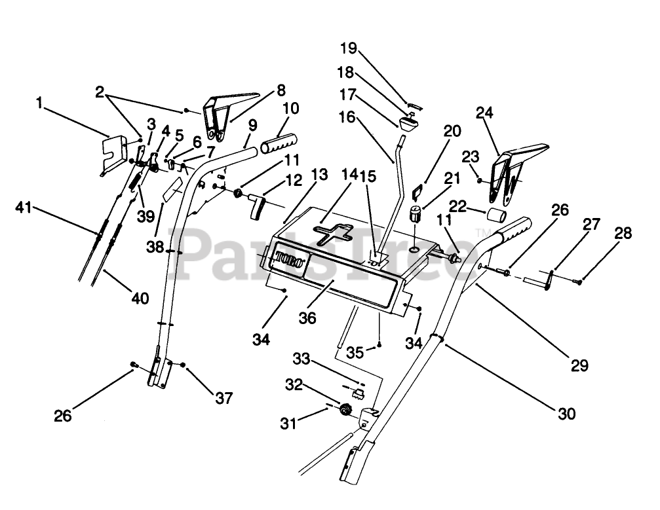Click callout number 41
coord(24,209)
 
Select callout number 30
coord(567,413)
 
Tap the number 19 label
coord(349,48)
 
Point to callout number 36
coord(307,318)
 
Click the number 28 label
coord(623,234)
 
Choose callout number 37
coord(223,397)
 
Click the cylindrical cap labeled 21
coord(415,214)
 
